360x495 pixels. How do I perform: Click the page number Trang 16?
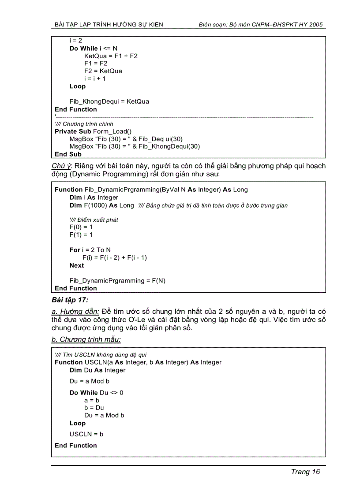[x=305, y=472]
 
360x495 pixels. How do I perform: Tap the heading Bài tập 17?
[x=70, y=300]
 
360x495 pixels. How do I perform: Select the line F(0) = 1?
[x=81, y=227]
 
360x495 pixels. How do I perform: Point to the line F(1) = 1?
[x=81, y=234]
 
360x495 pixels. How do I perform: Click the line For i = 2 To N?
[x=90, y=250]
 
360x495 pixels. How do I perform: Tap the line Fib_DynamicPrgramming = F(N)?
[x=117, y=281]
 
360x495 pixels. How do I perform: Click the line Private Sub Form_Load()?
[x=93, y=131]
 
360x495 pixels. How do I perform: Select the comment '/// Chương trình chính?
[x=84, y=124]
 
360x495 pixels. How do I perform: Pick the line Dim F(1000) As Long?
[x=102, y=205]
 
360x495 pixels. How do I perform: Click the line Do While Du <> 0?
[x=96, y=392]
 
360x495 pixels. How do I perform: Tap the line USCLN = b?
[x=86, y=434]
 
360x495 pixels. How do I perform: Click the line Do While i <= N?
[x=94, y=48]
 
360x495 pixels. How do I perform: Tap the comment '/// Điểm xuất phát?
[x=94, y=220]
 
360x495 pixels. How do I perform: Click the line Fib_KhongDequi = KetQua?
[x=109, y=101]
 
